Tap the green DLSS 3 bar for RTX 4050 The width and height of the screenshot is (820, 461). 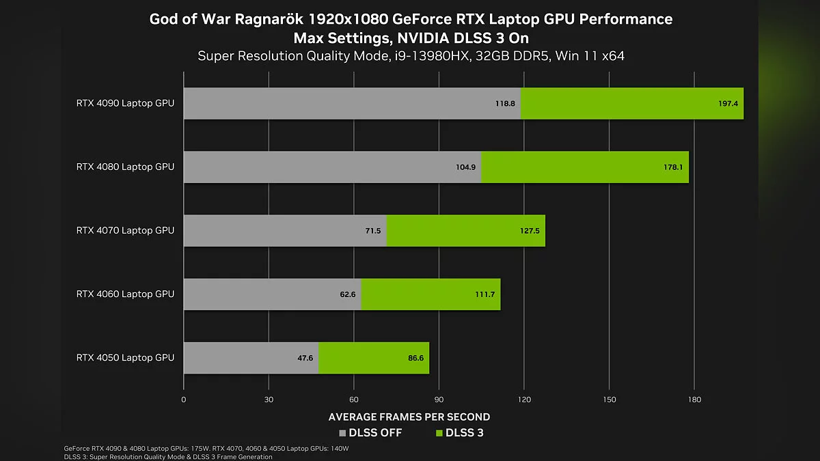[x=362, y=357]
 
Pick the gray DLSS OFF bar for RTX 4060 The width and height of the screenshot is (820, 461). [x=266, y=294]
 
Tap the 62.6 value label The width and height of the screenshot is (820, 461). [x=348, y=294]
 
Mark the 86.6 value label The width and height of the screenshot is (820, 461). [x=415, y=358]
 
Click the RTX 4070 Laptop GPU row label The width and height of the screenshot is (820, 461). [x=125, y=230]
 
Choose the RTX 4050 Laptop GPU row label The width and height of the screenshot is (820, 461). [x=125, y=357]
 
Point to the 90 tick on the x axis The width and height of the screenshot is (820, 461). [x=439, y=400]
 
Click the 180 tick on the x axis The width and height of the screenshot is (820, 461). [x=694, y=400]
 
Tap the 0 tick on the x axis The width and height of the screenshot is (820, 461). [x=184, y=400]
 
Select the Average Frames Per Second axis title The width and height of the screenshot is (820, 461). [x=409, y=417]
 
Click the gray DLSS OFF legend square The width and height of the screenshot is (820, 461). [x=343, y=433]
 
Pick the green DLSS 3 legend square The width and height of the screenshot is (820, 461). [x=439, y=433]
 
